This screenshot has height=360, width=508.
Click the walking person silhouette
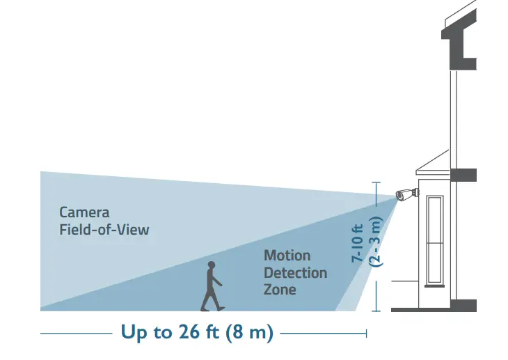tap(212, 287)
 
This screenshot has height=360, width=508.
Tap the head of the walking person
tap(211, 266)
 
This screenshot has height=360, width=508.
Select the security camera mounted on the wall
tap(405, 194)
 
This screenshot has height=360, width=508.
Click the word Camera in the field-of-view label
tap(84, 212)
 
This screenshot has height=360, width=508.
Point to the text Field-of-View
tap(104, 228)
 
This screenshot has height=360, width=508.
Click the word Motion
tap(287, 256)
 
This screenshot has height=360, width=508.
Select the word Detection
tap(295, 272)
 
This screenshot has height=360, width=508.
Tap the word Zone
tap(280, 289)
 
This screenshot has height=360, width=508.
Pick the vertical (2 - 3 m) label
tap(376, 242)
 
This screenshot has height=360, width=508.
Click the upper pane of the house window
tap(435, 219)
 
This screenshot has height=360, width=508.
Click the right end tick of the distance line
tap(367, 334)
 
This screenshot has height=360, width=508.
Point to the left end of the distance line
tap(42, 334)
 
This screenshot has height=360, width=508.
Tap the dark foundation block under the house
tap(463, 305)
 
